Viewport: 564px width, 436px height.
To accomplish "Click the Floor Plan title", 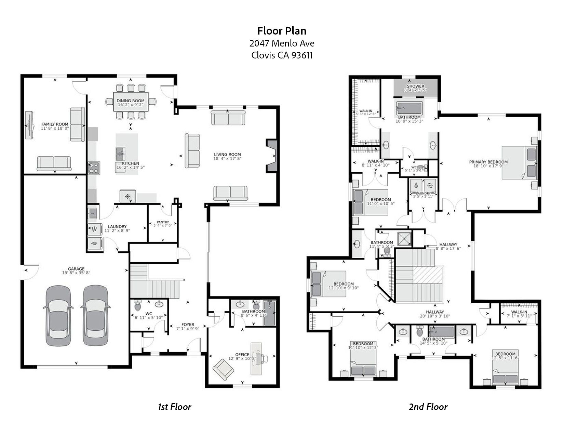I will pos(282,31).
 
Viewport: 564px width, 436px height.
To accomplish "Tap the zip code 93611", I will pos(302,55).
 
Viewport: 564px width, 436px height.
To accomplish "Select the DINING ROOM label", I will pos(131,101).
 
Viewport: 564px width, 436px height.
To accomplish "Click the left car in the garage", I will pos(58,315).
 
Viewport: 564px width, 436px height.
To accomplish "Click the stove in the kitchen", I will pos(94,168).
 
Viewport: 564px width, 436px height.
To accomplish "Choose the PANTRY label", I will pos(163,222).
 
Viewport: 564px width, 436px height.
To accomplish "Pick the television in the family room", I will pos(30,125).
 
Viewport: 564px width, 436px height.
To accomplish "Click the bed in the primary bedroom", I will pos(519,162).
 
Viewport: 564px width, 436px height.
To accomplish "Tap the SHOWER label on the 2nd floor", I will pos(415,86).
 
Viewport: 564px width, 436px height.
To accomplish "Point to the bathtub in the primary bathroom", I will pos(409,108).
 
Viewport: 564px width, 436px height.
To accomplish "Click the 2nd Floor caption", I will pos(428,407).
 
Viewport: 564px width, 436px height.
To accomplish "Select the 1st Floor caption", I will pos(174,407).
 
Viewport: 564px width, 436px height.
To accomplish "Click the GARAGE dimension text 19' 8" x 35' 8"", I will pos(76,273).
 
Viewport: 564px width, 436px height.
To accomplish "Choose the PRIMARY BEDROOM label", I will pos(488,162).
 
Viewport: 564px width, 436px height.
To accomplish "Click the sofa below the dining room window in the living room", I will pos(228,118).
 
